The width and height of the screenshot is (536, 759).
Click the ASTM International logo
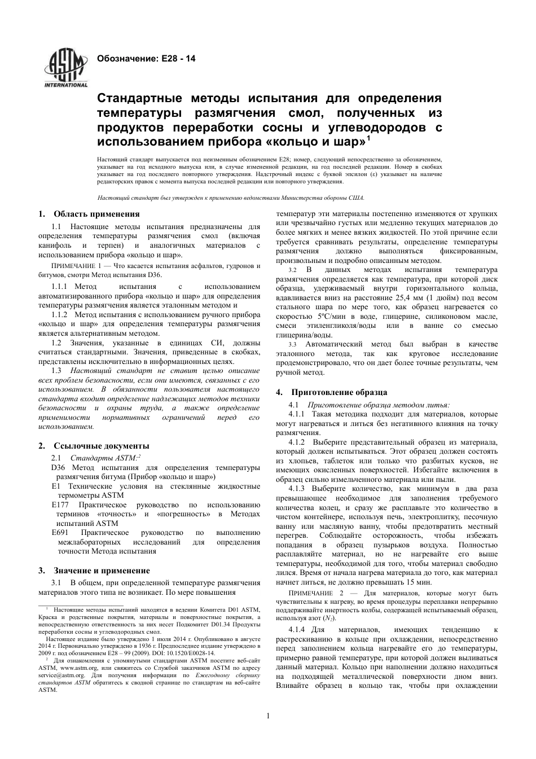click(66, 69)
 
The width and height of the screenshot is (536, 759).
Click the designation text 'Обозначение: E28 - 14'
click(146, 58)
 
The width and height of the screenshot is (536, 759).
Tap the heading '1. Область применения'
click(89, 214)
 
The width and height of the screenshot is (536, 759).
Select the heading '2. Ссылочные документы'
click(94, 446)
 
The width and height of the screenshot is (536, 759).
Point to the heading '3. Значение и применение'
click(94, 571)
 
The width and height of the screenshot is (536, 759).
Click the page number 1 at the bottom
click(268, 716)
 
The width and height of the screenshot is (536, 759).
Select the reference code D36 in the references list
click(58, 468)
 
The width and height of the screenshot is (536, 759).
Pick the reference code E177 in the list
click(60, 505)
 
